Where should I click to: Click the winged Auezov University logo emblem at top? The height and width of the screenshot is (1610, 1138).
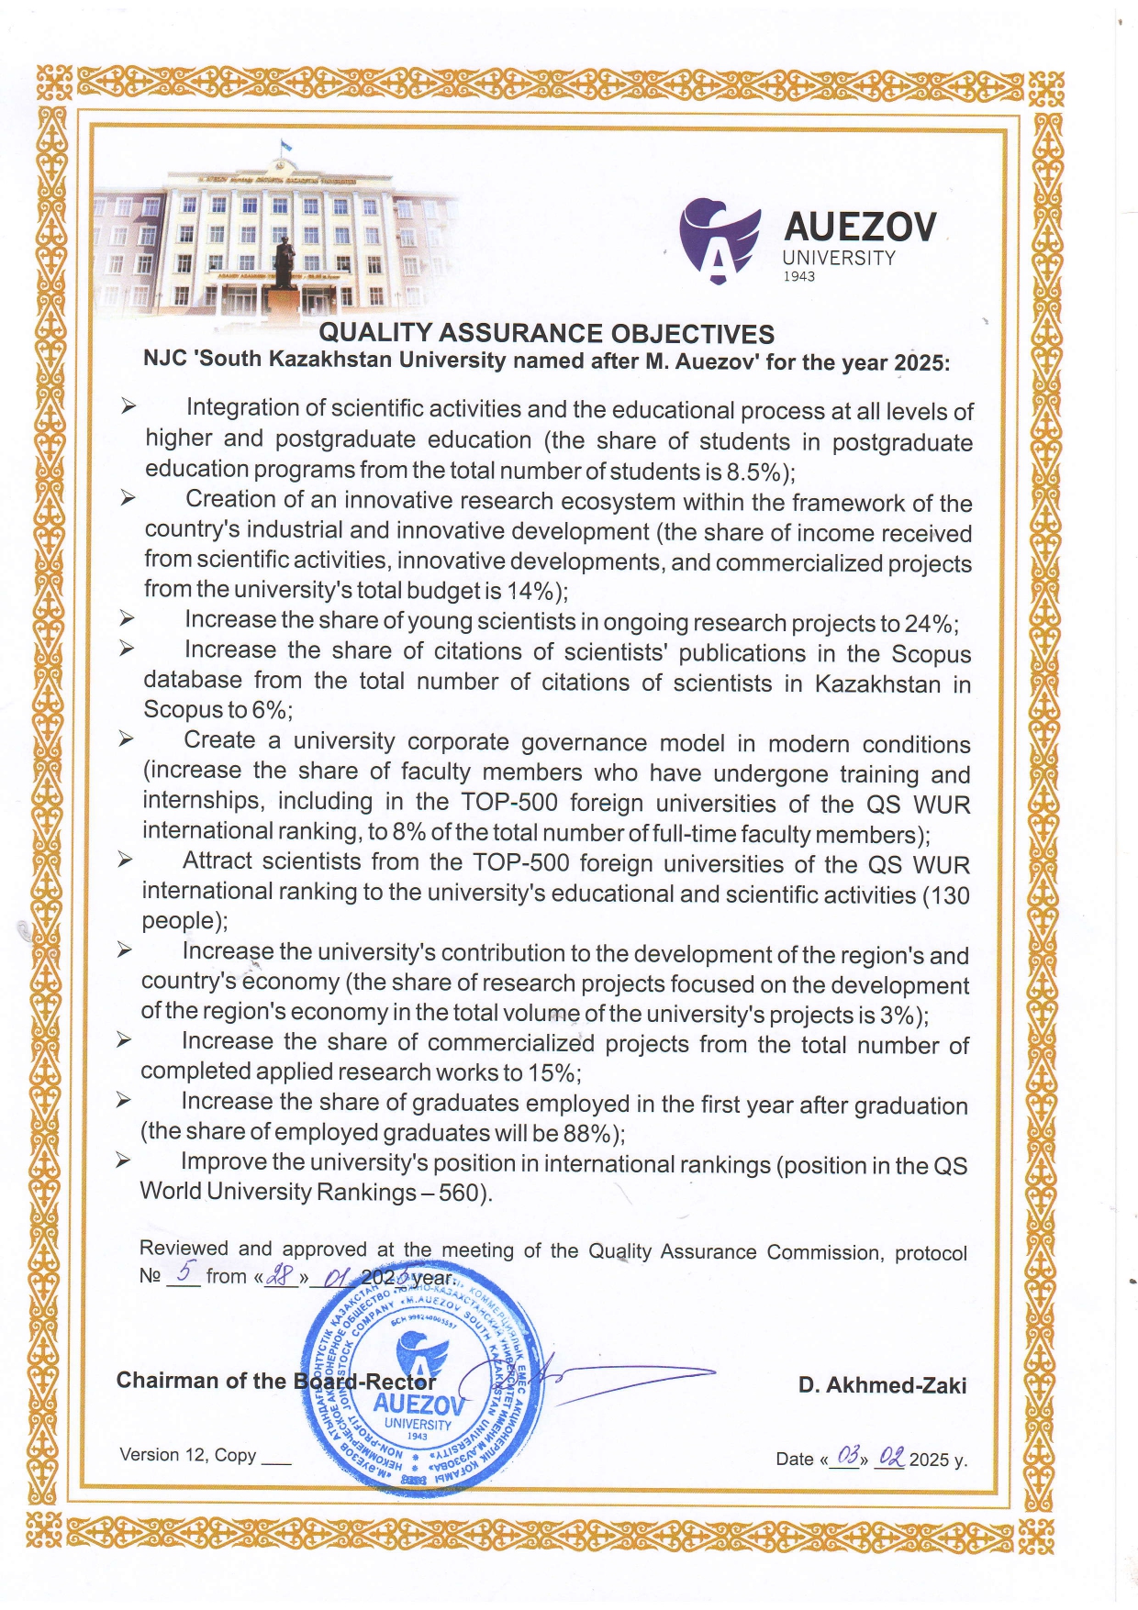pyautogui.click(x=720, y=239)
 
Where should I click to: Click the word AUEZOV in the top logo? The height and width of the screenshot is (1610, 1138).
pyautogui.click(x=860, y=228)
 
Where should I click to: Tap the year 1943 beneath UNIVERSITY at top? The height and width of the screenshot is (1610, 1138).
pyautogui.click(x=798, y=277)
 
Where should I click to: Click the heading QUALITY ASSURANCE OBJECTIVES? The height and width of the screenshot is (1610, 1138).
pyautogui.click(x=546, y=334)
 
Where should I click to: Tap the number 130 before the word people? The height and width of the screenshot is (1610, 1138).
pyautogui.click(x=950, y=895)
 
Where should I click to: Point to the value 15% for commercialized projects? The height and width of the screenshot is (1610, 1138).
pyautogui.click(x=552, y=1073)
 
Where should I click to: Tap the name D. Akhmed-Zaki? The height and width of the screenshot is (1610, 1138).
pyautogui.click(x=882, y=1385)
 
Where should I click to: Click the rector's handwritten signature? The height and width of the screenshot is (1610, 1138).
pyautogui.click(x=587, y=1376)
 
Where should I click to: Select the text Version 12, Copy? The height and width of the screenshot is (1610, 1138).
pyautogui.click(x=187, y=1455)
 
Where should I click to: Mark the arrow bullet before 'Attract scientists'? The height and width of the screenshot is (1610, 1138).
pyautogui.click(x=124, y=861)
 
